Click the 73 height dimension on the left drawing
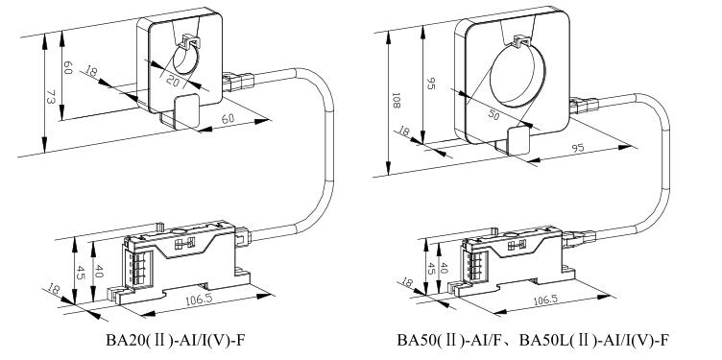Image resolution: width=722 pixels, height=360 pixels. pos(51,98)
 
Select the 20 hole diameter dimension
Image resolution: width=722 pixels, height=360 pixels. pos(172,81)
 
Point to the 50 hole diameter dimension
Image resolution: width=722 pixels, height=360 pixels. pos(493,115)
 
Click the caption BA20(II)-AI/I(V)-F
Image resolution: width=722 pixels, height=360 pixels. pos(176,340)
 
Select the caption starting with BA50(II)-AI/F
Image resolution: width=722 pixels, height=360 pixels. pos(533,340)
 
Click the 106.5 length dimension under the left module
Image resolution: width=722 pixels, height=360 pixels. pos(199,300)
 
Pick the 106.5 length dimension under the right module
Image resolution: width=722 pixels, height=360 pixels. pos(545,300)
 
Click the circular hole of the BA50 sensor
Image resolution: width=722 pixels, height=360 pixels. pos(517,74)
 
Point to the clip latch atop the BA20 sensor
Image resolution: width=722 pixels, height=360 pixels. pos(192,40)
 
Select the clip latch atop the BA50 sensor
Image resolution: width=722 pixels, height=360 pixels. pos(520,40)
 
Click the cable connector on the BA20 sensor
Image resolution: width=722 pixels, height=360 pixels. pos(238,82)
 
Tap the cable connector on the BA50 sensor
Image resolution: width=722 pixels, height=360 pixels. pos(585,106)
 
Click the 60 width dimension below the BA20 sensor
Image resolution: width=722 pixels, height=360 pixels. pos(228,118)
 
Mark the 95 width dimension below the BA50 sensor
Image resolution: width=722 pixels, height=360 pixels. pos(577,148)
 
